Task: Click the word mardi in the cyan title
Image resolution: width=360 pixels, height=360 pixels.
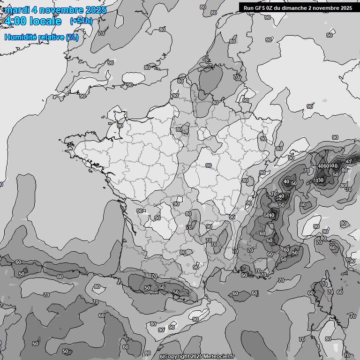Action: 15,10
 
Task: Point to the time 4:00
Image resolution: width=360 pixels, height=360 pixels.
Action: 15,21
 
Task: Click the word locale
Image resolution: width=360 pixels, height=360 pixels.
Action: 45,21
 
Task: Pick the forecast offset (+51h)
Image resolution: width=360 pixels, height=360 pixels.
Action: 81,21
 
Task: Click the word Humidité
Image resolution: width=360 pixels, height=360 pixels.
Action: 20,37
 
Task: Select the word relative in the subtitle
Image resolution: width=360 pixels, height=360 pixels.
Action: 51,37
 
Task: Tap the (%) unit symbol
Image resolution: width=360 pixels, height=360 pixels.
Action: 73,37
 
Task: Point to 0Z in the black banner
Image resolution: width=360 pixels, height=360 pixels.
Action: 273,8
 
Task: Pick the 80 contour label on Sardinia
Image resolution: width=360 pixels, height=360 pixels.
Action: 328,339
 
